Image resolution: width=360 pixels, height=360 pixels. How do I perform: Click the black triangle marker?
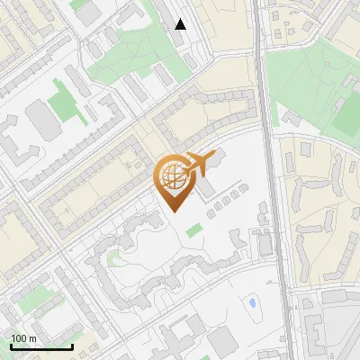click(181, 24)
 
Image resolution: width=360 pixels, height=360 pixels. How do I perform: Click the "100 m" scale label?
click(24, 338)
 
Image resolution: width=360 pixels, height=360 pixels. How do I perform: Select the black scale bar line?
click(40, 346)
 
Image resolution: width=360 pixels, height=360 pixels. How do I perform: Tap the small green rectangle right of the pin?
click(194, 230)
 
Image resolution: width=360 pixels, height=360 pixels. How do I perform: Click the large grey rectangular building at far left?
click(40, 119)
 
